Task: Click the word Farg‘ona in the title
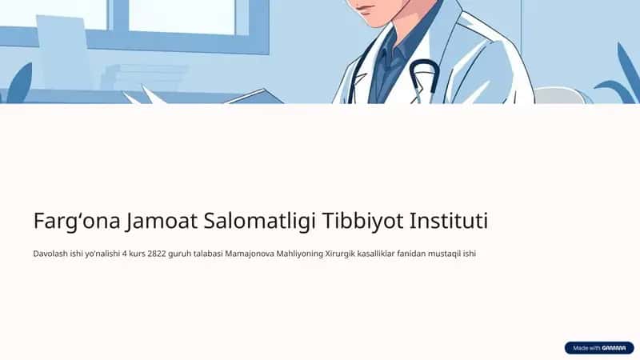77,222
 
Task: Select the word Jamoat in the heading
162,221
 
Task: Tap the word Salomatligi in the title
259,222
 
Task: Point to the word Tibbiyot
363,222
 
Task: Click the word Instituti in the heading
449,221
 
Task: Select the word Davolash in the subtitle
50,254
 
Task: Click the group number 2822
157,254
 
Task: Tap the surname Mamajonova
250,254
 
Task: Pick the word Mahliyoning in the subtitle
299,254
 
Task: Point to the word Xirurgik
339,254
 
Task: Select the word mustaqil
444,254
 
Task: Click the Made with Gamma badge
598,348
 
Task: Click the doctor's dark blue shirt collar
393,48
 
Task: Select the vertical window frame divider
121,15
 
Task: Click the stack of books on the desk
143,77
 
